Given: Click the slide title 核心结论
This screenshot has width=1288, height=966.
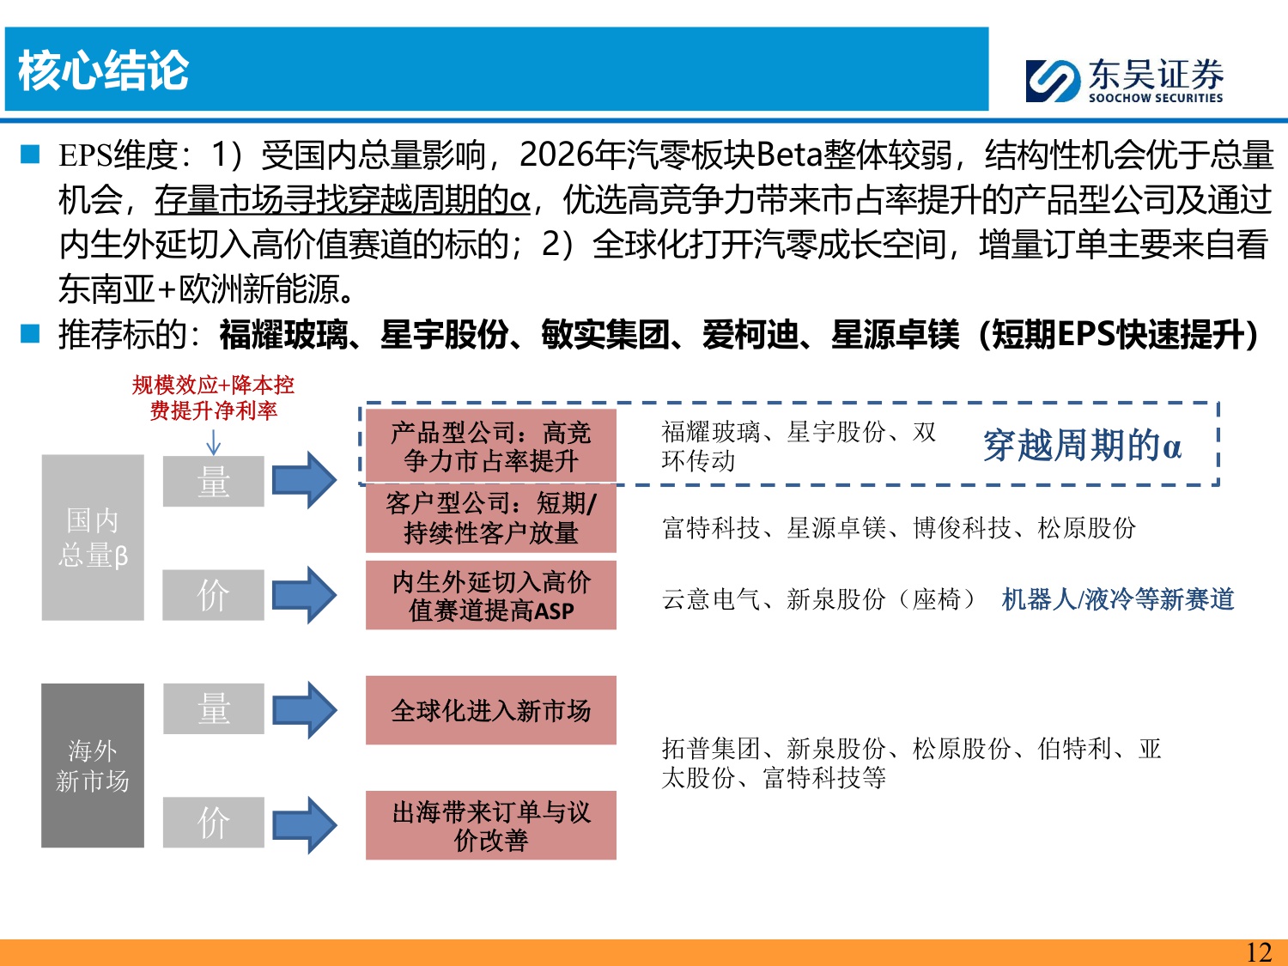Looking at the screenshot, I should point(103,70).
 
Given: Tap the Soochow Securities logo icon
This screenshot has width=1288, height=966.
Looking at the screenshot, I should point(1052,82).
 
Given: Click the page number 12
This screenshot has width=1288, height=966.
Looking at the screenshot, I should point(1258,952).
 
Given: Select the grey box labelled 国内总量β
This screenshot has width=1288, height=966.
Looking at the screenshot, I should point(93,538).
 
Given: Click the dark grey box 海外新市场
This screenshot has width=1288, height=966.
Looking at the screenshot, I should point(93,765).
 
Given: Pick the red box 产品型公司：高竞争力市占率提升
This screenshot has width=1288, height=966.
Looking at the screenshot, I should point(490,447).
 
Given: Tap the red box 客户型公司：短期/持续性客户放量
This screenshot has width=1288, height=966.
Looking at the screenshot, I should point(490,519).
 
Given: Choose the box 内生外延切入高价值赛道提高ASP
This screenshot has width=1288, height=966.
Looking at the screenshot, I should point(490,596).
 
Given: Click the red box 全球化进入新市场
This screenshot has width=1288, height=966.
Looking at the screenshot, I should point(490,710).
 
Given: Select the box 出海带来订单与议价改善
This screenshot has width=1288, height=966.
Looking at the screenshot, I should point(490,825).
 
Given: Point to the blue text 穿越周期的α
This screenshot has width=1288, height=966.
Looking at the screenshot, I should point(1082,446).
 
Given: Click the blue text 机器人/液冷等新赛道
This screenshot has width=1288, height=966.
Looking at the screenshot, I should point(1117,599).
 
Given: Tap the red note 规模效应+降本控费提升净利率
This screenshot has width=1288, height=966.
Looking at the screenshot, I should point(213,398).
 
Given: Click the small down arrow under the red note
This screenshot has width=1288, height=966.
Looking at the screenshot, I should point(213,441).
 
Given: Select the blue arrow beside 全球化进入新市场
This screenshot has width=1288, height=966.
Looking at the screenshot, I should point(304,710).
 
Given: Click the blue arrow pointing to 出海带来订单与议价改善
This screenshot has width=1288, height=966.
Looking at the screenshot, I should point(304,825).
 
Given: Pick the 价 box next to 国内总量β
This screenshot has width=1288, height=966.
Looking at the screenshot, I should point(213,595).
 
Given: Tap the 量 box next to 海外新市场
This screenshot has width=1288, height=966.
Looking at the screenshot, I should point(213,709).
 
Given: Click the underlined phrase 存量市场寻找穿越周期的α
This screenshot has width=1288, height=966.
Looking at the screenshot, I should point(342,200).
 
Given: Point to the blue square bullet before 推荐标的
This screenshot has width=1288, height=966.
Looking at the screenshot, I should point(31,334).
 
